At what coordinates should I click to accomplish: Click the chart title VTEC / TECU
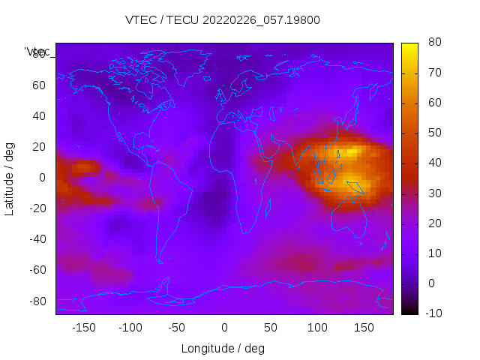click(x=223, y=20)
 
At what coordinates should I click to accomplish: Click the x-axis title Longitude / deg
click(x=223, y=349)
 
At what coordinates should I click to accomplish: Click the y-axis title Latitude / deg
click(x=10, y=178)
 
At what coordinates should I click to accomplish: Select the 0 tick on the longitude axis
click(x=223, y=328)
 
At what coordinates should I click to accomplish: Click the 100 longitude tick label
click(x=317, y=328)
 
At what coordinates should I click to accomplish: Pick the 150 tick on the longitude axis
click(x=364, y=328)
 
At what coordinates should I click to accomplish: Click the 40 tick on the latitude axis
click(x=38, y=116)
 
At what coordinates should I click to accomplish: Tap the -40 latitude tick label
click(x=36, y=239)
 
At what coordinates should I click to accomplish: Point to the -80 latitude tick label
click(x=36, y=301)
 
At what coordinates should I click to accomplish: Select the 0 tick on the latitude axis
click(x=42, y=178)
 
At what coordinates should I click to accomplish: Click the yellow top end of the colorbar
click(x=409, y=46)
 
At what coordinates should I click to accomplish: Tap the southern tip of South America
click(x=160, y=262)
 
